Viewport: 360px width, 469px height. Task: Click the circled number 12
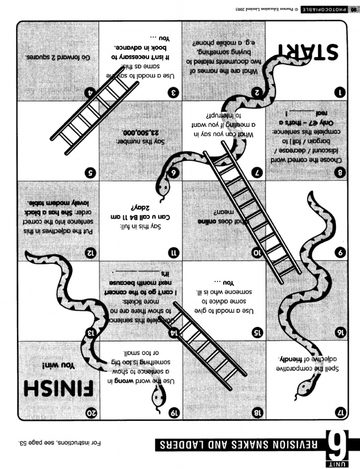[91, 253]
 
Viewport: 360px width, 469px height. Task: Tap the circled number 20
[90, 414]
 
